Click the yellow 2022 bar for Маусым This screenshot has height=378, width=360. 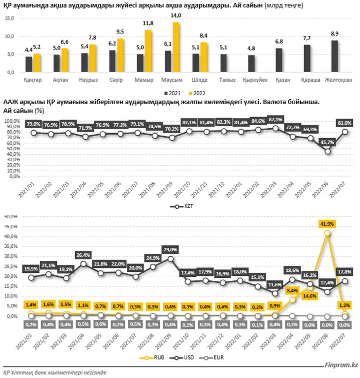click(x=176, y=47)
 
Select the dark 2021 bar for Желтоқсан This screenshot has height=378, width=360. click(x=334, y=56)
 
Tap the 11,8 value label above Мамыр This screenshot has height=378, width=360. click(x=148, y=23)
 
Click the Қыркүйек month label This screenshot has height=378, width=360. click(x=255, y=80)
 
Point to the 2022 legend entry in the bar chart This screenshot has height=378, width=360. click(x=197, y=93)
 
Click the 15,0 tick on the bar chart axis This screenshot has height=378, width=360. click(x=9, y=18)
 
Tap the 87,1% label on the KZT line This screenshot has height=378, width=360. click(x=275, y=120)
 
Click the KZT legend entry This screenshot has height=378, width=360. click(x=182, y=206)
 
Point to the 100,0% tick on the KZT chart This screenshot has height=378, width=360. click(x=12, y=121)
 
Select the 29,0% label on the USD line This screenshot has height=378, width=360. click(x=170, y=250)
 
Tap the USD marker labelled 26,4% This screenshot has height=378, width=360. click(x=83, y=264)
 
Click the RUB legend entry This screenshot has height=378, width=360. click(x=152, y=357)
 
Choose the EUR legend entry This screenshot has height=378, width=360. click(x=211, y=357)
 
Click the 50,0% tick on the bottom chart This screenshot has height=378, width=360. click(x=11, y=217)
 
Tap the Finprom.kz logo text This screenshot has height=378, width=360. click(x=341, y=365)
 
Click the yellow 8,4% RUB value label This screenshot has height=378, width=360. click(x=292, y=291)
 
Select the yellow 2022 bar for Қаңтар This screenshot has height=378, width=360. click(x=36, y=63)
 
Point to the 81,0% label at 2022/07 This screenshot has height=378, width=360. click(x=344, y=123)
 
